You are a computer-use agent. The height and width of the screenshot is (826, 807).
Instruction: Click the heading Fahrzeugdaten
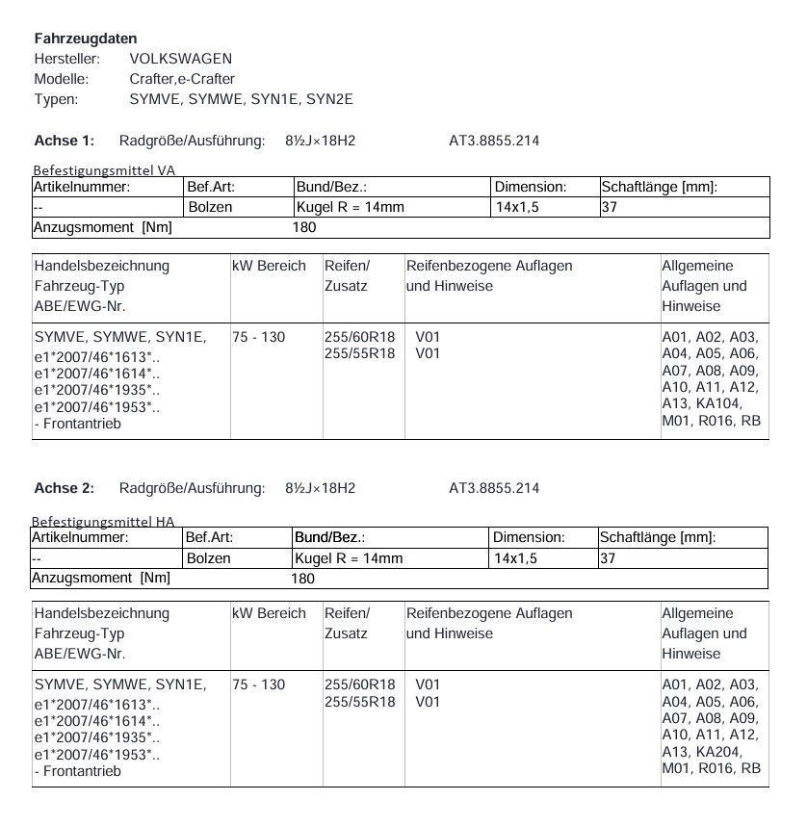click(86, 39)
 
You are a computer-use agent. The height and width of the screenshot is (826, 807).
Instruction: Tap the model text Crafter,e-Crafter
click(182, 79)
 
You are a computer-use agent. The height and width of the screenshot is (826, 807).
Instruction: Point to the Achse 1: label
click(64, 141)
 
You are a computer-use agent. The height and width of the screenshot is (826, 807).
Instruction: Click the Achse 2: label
click(64, 488)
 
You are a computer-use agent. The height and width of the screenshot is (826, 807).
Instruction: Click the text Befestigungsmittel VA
click(104, 170)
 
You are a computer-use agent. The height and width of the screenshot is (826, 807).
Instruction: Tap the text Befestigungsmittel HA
click(104, 522)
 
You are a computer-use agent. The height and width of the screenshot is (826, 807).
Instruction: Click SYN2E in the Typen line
click(330, 99)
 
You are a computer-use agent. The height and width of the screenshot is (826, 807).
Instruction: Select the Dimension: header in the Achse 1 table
click(530, 187)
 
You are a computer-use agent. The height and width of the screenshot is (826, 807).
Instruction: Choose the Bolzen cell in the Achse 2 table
click(208, 558)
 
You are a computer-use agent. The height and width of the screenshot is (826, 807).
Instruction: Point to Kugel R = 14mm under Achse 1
click(351, 207)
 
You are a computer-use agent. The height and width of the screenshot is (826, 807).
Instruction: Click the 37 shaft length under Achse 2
click(608, 558)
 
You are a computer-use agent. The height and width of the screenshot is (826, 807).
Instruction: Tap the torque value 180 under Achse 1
click(303, 227)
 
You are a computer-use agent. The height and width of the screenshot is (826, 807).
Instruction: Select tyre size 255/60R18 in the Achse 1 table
click(359, 337)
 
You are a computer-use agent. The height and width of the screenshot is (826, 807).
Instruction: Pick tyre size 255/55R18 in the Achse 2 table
click(359, 702)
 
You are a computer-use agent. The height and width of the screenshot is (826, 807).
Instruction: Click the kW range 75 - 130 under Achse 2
click(258, 684)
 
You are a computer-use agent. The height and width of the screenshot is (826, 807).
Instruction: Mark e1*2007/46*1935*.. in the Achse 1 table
click(96, 390)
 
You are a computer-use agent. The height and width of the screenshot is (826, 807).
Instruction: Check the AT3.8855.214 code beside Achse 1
click(494, 141)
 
